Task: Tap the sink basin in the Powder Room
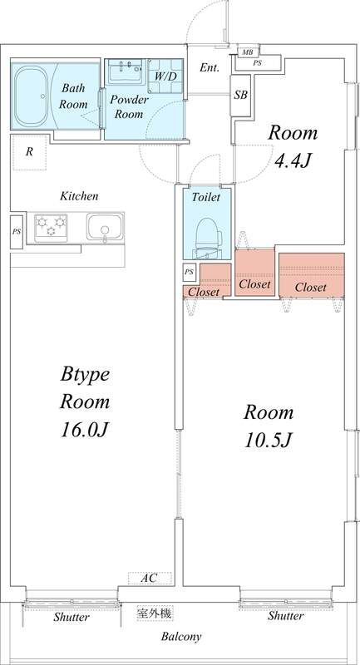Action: pyautogui.click(x=126, y=71)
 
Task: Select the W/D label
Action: pyautogui.click(x=165, y=76)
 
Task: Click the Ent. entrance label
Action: pyautogui.click(x=210, y=67)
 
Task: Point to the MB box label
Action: pyautogui.click(x=247, y=52)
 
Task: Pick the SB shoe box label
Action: pyautogui.click(x=241, y=96)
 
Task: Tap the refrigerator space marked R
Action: pyautogui.click(x=29, y=152)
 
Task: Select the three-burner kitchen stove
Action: pyautogui.click(x=51, y=227)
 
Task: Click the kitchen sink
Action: pyautogui.click(x=105, y=227)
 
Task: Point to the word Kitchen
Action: pyautogui.click(x=79, y=196)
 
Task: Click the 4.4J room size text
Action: pyautogui.click(x=293, y=160)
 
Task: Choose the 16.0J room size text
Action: pyautogui.click(x=86, y=430)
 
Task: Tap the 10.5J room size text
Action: pyautogui.click(x=268, y=441)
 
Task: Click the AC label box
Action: pyautogui.click(x=150, y=578)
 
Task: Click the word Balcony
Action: pyautogui.click(x=181, y=637)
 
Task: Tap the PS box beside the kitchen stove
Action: pyautogui.click(x=17, y=232)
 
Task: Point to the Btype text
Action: pyautogui.click(x=86, y=376)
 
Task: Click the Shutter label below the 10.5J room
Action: pyautogui.click(x=285, y=616)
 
